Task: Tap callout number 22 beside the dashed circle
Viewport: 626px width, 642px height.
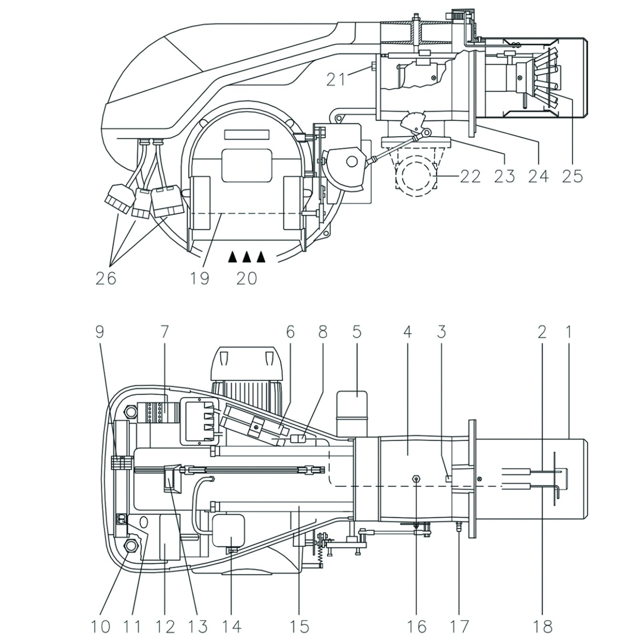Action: click(x=470, y=177)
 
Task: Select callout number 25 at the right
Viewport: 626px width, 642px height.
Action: click(x=573, y=177)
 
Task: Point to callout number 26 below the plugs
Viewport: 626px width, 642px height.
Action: click(x=106, y=278)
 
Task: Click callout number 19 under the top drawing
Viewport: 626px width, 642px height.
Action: click(x=200, y=278)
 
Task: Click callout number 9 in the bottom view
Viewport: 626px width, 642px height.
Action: click(x=100, y=332)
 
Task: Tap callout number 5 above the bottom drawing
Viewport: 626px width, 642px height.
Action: click(x=356, y=332)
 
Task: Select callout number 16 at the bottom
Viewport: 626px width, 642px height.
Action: click(x=417, y=626)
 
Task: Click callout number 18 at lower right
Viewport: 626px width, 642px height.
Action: click(x=542, y=626)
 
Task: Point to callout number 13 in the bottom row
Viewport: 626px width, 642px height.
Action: click(x=198, y=626)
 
